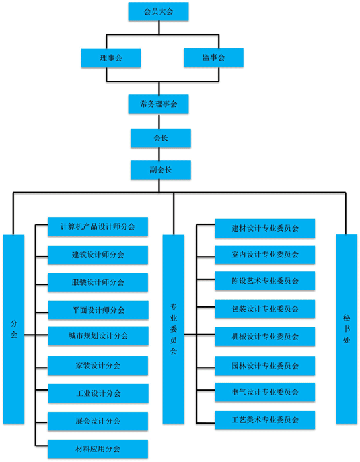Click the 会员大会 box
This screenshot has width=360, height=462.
click(159, 11)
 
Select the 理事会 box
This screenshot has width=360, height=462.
click(111, 58)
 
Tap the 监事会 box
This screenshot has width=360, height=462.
click(213, 57)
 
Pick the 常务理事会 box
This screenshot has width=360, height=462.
click(159, 104)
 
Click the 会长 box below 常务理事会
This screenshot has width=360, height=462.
click(161, 138)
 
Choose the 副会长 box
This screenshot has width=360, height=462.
click(161, 170)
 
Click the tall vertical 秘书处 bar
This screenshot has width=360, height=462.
click(346, 329)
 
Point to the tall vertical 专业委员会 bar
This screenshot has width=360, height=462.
click(173, 329)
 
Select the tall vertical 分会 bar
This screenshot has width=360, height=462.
click(14, 329)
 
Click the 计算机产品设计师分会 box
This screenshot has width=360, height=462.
click(98, 226)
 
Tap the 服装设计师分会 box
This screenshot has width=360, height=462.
click(98, 282)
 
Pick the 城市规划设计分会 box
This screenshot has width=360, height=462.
click(98, 335)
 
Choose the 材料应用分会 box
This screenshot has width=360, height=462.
click(98, 449)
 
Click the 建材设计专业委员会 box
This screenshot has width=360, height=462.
click(265, 228)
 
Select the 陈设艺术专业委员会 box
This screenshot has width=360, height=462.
click(265, 280)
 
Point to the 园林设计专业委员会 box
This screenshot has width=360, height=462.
click(265, 366)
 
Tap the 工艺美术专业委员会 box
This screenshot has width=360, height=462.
click(265, 420)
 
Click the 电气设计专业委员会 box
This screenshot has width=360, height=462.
click(265, 392)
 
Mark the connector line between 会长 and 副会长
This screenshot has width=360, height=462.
click(159, 154)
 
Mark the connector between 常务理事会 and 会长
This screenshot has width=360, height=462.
click(159, 121)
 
